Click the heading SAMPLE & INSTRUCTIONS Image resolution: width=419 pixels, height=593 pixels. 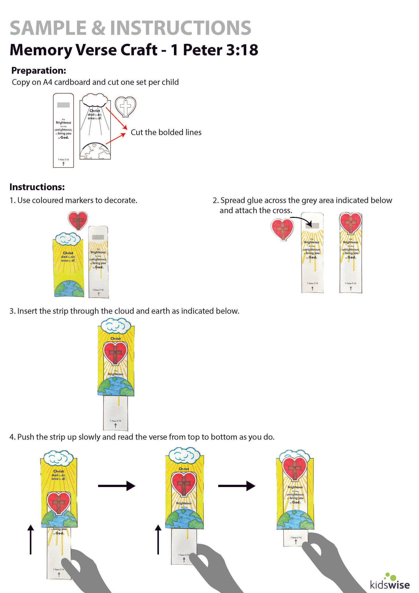(x=131, y=28)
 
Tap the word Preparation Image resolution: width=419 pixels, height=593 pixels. (x=38, y=70)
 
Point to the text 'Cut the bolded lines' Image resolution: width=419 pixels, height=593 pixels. (x=166, y=132)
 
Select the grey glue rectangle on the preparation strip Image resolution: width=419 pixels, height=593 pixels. (x=63, y=105)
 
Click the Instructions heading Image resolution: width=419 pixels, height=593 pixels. (x=37, y=187)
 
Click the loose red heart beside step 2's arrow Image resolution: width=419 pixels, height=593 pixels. (x=282, y=229)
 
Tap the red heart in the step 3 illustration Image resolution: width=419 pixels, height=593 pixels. (x=115, y=352)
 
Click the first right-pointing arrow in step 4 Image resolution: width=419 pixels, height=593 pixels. (x=117, y=486)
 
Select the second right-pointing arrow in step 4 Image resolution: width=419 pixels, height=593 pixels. (x=236, y=486)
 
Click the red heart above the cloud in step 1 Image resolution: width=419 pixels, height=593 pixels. (x=78, y=220)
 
